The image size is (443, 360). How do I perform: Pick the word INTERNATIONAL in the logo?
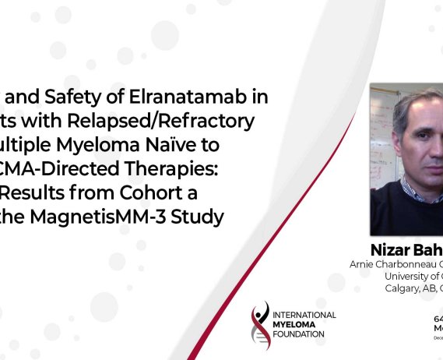tap(305, 315)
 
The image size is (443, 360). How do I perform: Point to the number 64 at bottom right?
tap(438, 319)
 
